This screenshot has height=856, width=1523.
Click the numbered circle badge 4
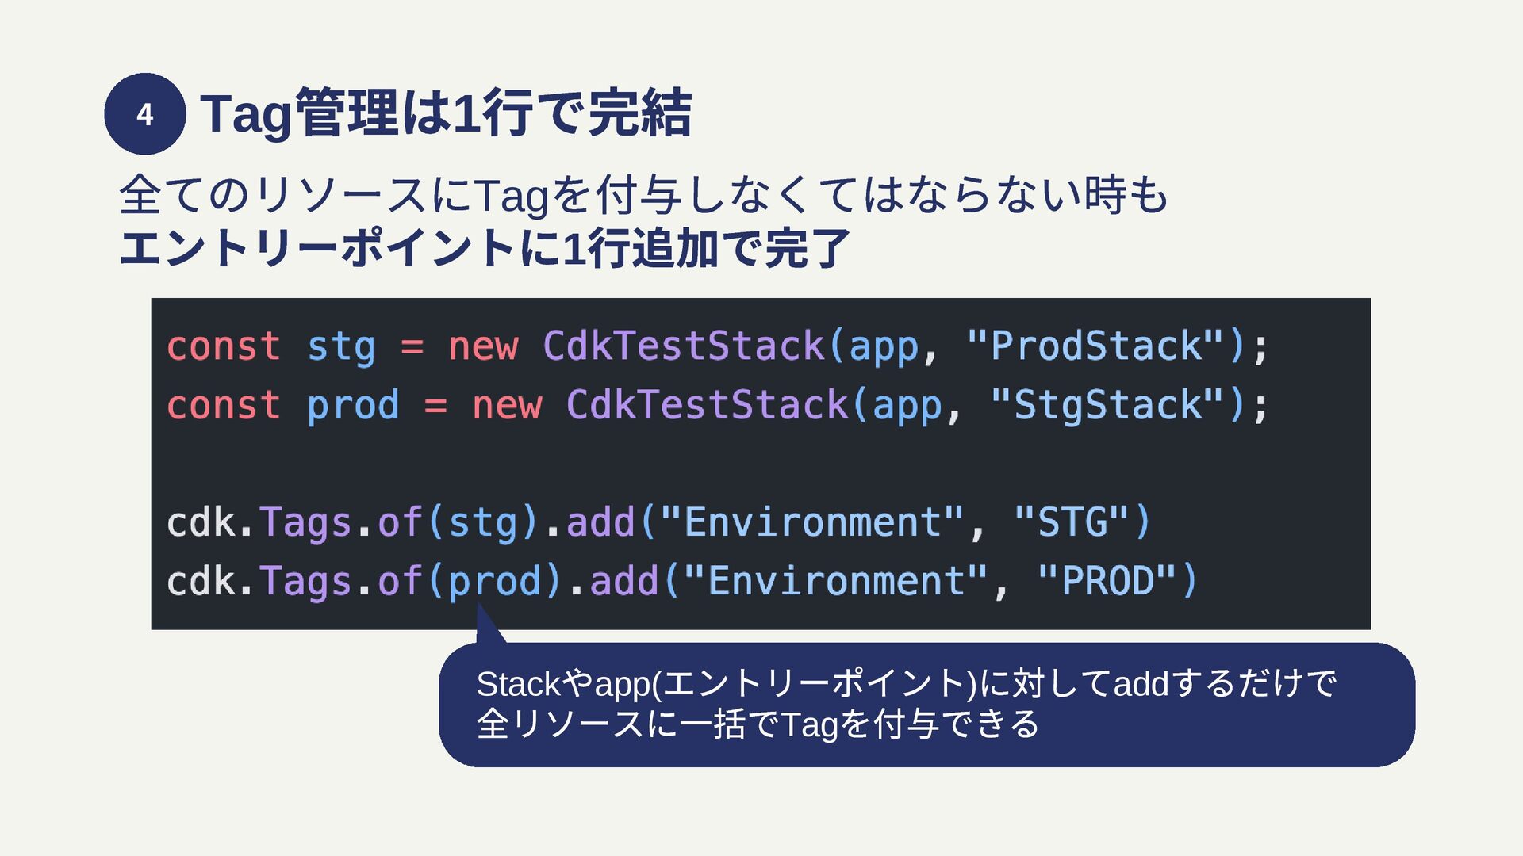point(145,114)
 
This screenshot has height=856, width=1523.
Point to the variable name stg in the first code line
point(341,347)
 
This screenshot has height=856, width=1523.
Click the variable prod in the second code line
point(353,406)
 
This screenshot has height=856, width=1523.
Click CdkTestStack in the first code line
point(684,346)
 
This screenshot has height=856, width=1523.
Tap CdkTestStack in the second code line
point(708,405)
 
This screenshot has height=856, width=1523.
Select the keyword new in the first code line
point(483,347)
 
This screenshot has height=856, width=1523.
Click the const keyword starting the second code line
point(223,405)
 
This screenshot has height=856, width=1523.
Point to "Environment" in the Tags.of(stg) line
point(812,523)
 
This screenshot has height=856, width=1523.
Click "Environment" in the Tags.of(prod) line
point(836,582)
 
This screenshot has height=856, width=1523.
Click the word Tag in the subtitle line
point(512,196)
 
